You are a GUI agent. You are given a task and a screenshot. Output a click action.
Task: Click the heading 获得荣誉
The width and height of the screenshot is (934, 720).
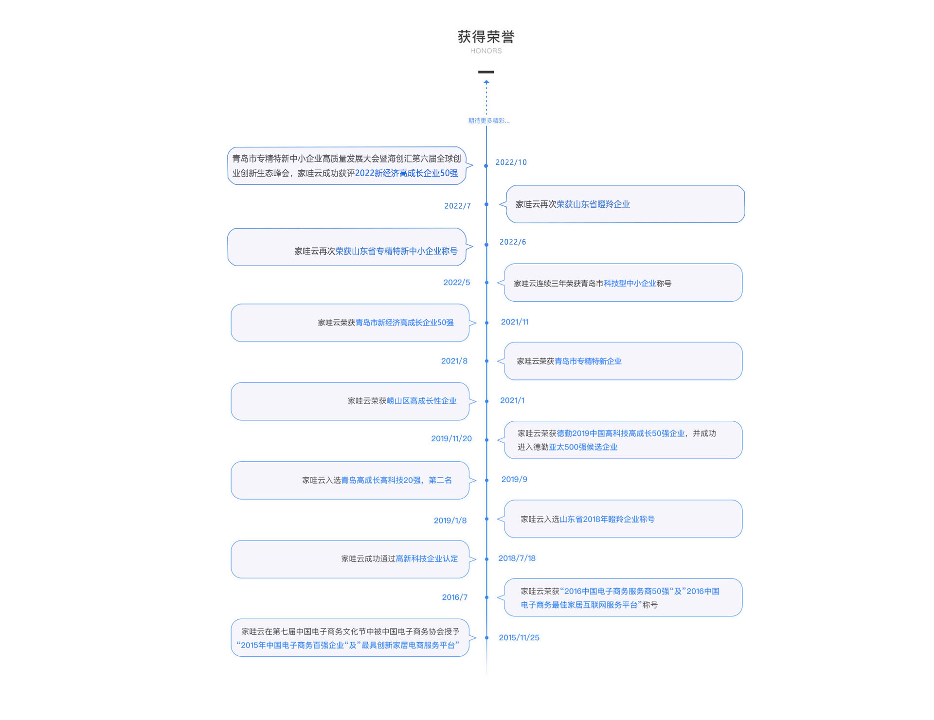pos(486,36)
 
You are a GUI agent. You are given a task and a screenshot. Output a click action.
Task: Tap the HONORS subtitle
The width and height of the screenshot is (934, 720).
pos(486,51)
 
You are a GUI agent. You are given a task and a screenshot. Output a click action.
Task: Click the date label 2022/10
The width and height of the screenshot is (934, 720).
pos(511,162)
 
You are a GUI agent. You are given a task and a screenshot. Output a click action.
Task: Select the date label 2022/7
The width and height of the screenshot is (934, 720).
pos(457,206)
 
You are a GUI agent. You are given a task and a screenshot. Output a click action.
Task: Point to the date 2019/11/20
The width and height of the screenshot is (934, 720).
pos(451,439)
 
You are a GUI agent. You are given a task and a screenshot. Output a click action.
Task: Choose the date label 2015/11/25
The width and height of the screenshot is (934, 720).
pos(519,638)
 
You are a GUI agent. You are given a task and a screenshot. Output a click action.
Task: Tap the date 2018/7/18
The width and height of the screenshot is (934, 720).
pos(517,558)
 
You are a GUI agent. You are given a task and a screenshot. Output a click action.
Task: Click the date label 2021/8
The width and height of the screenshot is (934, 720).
pos(454,361)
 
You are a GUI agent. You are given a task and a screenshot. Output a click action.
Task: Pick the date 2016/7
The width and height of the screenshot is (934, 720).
pos(455,597)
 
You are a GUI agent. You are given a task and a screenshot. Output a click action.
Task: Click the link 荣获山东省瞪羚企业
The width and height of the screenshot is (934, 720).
pos(593,204)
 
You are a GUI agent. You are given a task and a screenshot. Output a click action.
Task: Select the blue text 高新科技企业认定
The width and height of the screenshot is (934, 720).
pos(427,559)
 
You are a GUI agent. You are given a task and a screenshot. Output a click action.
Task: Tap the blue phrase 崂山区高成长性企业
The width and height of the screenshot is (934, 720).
pos(421,401)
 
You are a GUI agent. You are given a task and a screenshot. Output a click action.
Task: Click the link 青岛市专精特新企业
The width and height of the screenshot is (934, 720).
pos(588,361)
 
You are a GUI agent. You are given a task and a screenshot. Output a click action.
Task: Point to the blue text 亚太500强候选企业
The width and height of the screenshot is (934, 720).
pos(583,447)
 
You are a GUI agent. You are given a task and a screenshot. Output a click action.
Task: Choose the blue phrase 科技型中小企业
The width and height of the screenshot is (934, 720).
pos(629,284)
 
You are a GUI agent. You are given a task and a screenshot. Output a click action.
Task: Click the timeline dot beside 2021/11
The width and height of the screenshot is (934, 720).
pos(486,323)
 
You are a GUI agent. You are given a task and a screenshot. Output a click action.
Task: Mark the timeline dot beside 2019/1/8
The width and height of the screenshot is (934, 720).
pos(486,519)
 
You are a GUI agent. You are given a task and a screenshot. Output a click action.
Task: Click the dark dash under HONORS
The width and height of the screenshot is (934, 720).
pos(486,72)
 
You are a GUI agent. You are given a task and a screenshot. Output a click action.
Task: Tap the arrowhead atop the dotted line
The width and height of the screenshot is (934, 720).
pos(486,82)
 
